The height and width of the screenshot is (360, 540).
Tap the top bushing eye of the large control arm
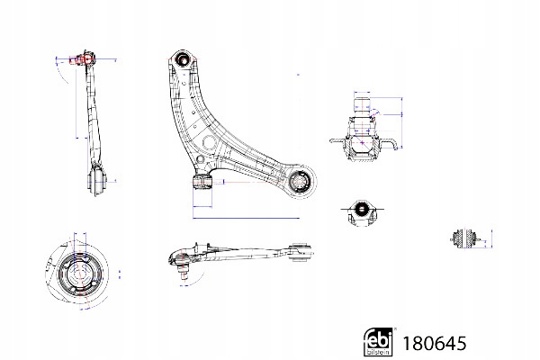(184, 61)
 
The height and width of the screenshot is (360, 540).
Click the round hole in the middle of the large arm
(211, 145)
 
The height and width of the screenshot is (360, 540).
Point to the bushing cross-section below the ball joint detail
(361, 213)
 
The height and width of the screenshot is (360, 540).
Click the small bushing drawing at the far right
(467, 238)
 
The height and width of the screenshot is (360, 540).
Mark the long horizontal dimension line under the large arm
(243, 217)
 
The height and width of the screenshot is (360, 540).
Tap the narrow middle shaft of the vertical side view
(93, 117)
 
